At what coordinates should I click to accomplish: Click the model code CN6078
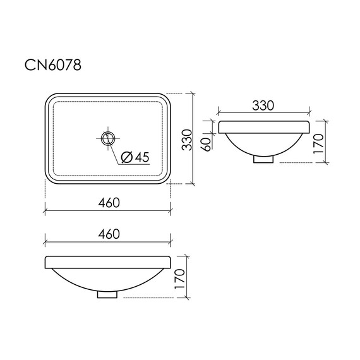[53, 65]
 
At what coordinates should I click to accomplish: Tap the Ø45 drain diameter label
[135, 157]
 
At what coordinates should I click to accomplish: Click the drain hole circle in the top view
[108, 139]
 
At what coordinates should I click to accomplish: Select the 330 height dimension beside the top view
[186, 140]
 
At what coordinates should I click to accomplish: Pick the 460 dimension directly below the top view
[109, 203]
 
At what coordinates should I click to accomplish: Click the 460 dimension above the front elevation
[109, 234]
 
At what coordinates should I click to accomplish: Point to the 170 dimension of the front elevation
[180, 279]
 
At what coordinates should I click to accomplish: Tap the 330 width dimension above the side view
[263, 105]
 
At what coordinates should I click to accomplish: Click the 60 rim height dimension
[207, 145]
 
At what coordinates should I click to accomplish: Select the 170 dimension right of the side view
[318, 144]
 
